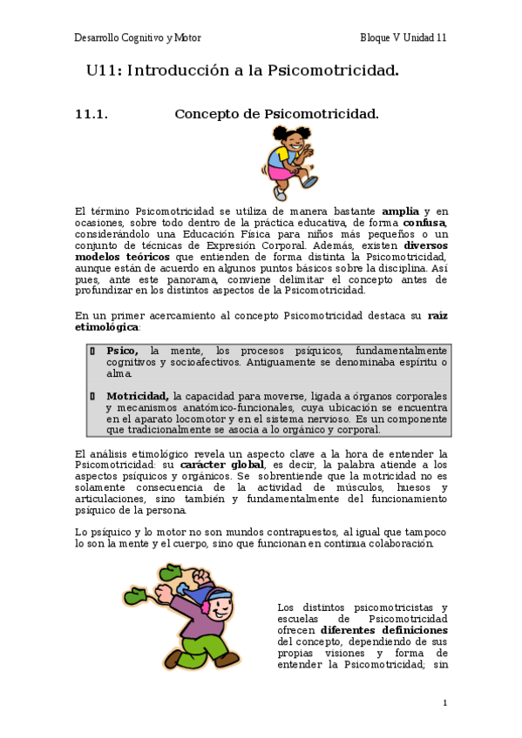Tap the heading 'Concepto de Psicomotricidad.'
[276, 114]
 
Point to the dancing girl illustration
[291, 158]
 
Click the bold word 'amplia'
[401, 211]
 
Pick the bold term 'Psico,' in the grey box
[122, 350]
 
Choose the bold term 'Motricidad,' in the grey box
[137, 396]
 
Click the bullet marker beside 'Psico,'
[92, 350]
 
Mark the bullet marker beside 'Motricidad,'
[92, 396]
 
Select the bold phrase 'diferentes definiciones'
[383, 629]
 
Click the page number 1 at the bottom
[444, 702]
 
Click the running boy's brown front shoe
[227, 660]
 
